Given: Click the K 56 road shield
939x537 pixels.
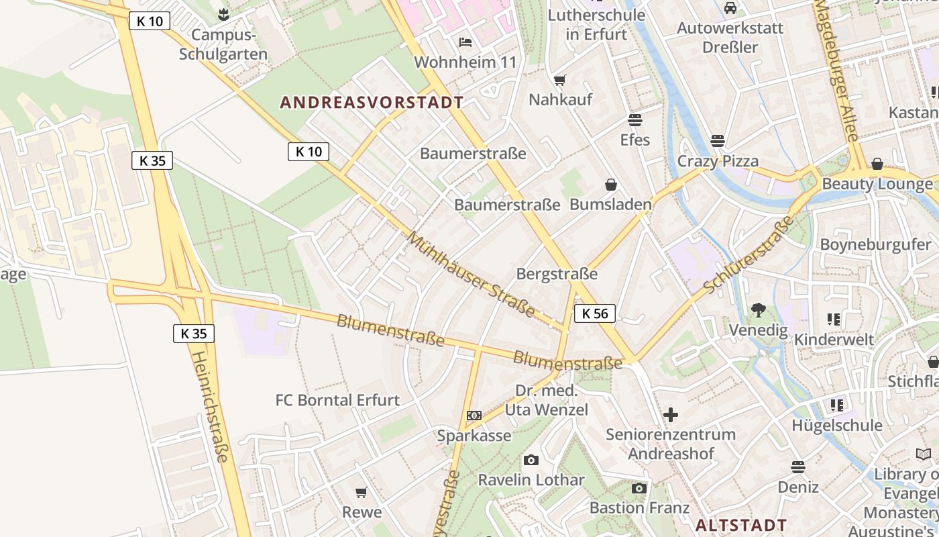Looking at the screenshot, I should point(594,313).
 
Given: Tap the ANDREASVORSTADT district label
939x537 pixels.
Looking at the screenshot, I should point(372,103).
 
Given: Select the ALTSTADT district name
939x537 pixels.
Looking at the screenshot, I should point(741,525).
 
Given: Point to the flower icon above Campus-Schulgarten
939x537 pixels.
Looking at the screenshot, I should point(223,14).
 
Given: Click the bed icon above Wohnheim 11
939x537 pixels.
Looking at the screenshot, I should point(465,42).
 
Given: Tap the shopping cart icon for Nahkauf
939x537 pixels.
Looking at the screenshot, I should point(560,81).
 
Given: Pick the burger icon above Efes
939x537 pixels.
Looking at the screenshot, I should point(634,120).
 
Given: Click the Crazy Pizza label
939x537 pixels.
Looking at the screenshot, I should point(718,161).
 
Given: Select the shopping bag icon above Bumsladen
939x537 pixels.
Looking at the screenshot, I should point(611,185).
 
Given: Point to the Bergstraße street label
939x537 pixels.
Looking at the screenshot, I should point(557,274).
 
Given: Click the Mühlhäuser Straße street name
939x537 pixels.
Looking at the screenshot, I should point(470,275).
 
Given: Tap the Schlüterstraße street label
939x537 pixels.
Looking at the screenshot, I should point(749,255).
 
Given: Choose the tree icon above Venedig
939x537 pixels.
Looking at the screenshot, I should point(759,310).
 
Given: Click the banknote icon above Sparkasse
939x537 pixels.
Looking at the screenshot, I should point(474,416).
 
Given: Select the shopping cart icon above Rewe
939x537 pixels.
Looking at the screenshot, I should point(362,493).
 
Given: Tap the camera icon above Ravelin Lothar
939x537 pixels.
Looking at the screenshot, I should point(531,460).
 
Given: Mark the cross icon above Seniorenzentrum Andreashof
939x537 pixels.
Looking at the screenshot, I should point(670,415).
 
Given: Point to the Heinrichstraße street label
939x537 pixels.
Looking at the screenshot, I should point(211,406).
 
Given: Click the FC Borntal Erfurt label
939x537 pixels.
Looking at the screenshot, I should point(337,400).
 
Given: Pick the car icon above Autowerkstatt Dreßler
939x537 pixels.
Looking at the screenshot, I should point(730,8).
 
